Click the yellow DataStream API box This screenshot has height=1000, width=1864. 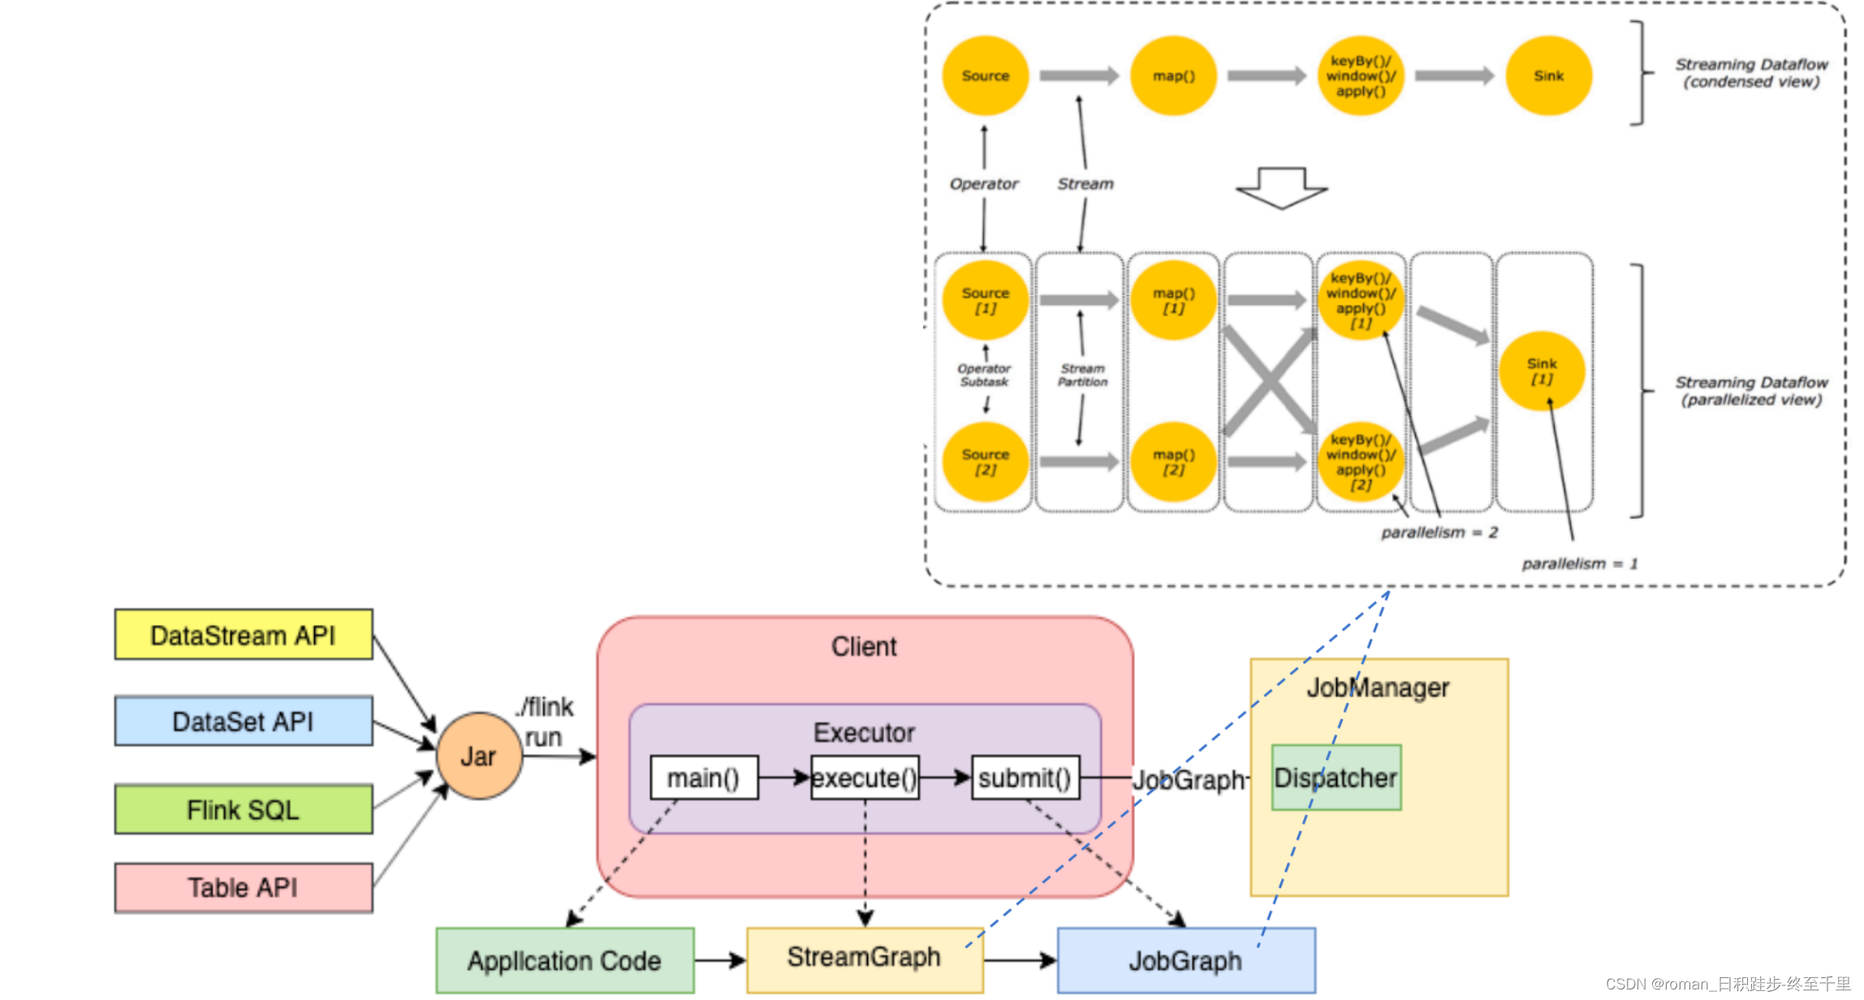pyautogui.click(x=244, y=635)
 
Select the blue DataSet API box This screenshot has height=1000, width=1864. pyautogui.click(x=244, y=721)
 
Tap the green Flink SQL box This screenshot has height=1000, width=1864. pyautogui.click(x=244, y=809)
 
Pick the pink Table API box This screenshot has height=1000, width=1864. pyautogui.click(x=244, y=887)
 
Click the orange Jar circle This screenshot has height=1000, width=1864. pyautogui.click(x=479, y=756)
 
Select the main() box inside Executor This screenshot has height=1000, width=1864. pyautogui.click(x=704, y=778)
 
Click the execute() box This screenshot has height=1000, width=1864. pyautogui.click(x=865, y=778)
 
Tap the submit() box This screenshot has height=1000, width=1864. pyautogui.click(x=1025, y=778)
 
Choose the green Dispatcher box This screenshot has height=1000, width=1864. pyautogui.click(x=1336, y=778)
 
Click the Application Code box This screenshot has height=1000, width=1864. pyautogui.click(x=565, y=961)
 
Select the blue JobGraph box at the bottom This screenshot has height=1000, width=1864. pyautogui.click(x=1186, y=961)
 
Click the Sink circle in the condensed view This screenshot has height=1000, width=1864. pyautogui.click(x=1548, y=75)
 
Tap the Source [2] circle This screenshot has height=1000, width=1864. pyautogui.click(x=986, y=462)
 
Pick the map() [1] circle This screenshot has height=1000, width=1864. pyautogui.click(x=1173, y=300)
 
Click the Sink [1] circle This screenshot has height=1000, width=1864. pyautogui.click(x=1542, y=371)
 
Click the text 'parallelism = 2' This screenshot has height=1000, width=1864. pyautogui.click(x=1439, y=532)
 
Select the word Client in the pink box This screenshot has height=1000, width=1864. pyautogui.click(x=864, y=647)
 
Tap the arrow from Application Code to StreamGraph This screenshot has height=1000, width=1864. pyautogui.click(x=719, y=961)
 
